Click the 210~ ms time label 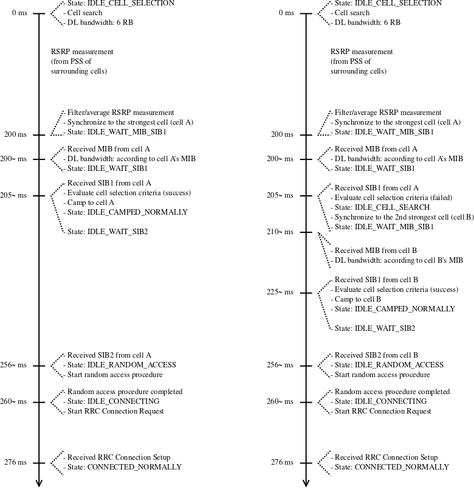tap(280, 232)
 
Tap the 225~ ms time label tap(280, 292)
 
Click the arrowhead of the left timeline tap(39, 483)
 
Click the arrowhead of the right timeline tap(306, 483)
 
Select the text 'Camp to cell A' tap(91, 203)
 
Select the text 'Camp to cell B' tap(358, 299)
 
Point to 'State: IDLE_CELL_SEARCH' tap(382, 207)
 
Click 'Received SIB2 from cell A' tap(109, 355)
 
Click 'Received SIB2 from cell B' tap(376, 355)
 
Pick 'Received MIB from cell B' tap(376, 251)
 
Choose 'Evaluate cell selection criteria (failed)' tap(393, 198)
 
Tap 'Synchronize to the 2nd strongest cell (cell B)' tap(404, 217)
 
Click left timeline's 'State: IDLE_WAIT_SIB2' tap(108, 232)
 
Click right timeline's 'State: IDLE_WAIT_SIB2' tap(375, 328)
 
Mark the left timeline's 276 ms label tap(15, 462)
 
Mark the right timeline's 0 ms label tap(286, 13)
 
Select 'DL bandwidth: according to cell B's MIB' tap(399, 260)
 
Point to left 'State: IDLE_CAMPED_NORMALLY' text tap(128, 212)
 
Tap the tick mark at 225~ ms tap(306, 293)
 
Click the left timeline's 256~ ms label tap(13, 365)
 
